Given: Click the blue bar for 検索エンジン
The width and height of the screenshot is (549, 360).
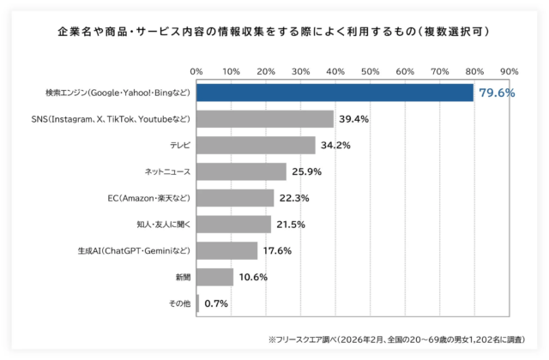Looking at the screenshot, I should [335, 93].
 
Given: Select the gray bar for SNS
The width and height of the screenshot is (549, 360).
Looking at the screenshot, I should [265, 119].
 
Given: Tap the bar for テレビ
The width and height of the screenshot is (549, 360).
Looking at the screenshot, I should [256, 146].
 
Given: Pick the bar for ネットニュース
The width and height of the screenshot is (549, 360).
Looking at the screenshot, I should [241, 172].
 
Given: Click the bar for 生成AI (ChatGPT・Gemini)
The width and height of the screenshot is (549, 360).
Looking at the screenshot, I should [226, 250].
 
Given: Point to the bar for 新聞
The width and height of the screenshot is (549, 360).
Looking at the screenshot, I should [214, 277].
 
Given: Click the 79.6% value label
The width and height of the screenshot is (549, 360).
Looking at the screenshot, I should [497, 93].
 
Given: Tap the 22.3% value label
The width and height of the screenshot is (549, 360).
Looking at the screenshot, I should [293, 198].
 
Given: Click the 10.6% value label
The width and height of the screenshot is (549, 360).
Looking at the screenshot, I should [252, 277].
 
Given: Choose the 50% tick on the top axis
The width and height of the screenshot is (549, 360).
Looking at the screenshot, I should [370, 70].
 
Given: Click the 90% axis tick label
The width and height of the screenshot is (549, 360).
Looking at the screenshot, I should [509, 70].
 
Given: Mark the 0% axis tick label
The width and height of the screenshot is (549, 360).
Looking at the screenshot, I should [196, 70].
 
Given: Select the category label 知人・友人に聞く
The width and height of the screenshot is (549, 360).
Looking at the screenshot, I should [162, 225].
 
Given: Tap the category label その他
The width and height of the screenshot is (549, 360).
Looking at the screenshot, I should [178, 303].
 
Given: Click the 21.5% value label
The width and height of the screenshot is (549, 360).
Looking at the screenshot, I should [291, 225].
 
